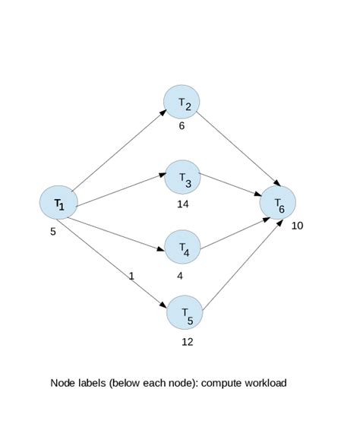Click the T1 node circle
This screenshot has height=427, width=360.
coord(58,203)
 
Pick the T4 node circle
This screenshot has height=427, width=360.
coord(183,247)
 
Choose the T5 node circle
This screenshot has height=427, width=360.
coord(185,313)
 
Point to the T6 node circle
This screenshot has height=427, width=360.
coord(277,203)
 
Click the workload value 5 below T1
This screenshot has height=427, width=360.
coord(53,231)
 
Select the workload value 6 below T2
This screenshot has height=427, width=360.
coord(182,126)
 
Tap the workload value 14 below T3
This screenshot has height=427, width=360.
coord(182,204)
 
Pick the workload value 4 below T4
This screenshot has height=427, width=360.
coord(180,276)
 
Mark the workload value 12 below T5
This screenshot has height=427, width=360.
coord(188,341)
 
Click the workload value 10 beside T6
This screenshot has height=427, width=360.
coord(297,226)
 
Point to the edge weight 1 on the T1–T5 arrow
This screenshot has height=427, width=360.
coord(131,276)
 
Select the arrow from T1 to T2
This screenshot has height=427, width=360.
coord(118,150)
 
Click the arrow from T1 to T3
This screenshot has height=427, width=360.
coord(122,189)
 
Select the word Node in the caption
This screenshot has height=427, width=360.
coord(62,383)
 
